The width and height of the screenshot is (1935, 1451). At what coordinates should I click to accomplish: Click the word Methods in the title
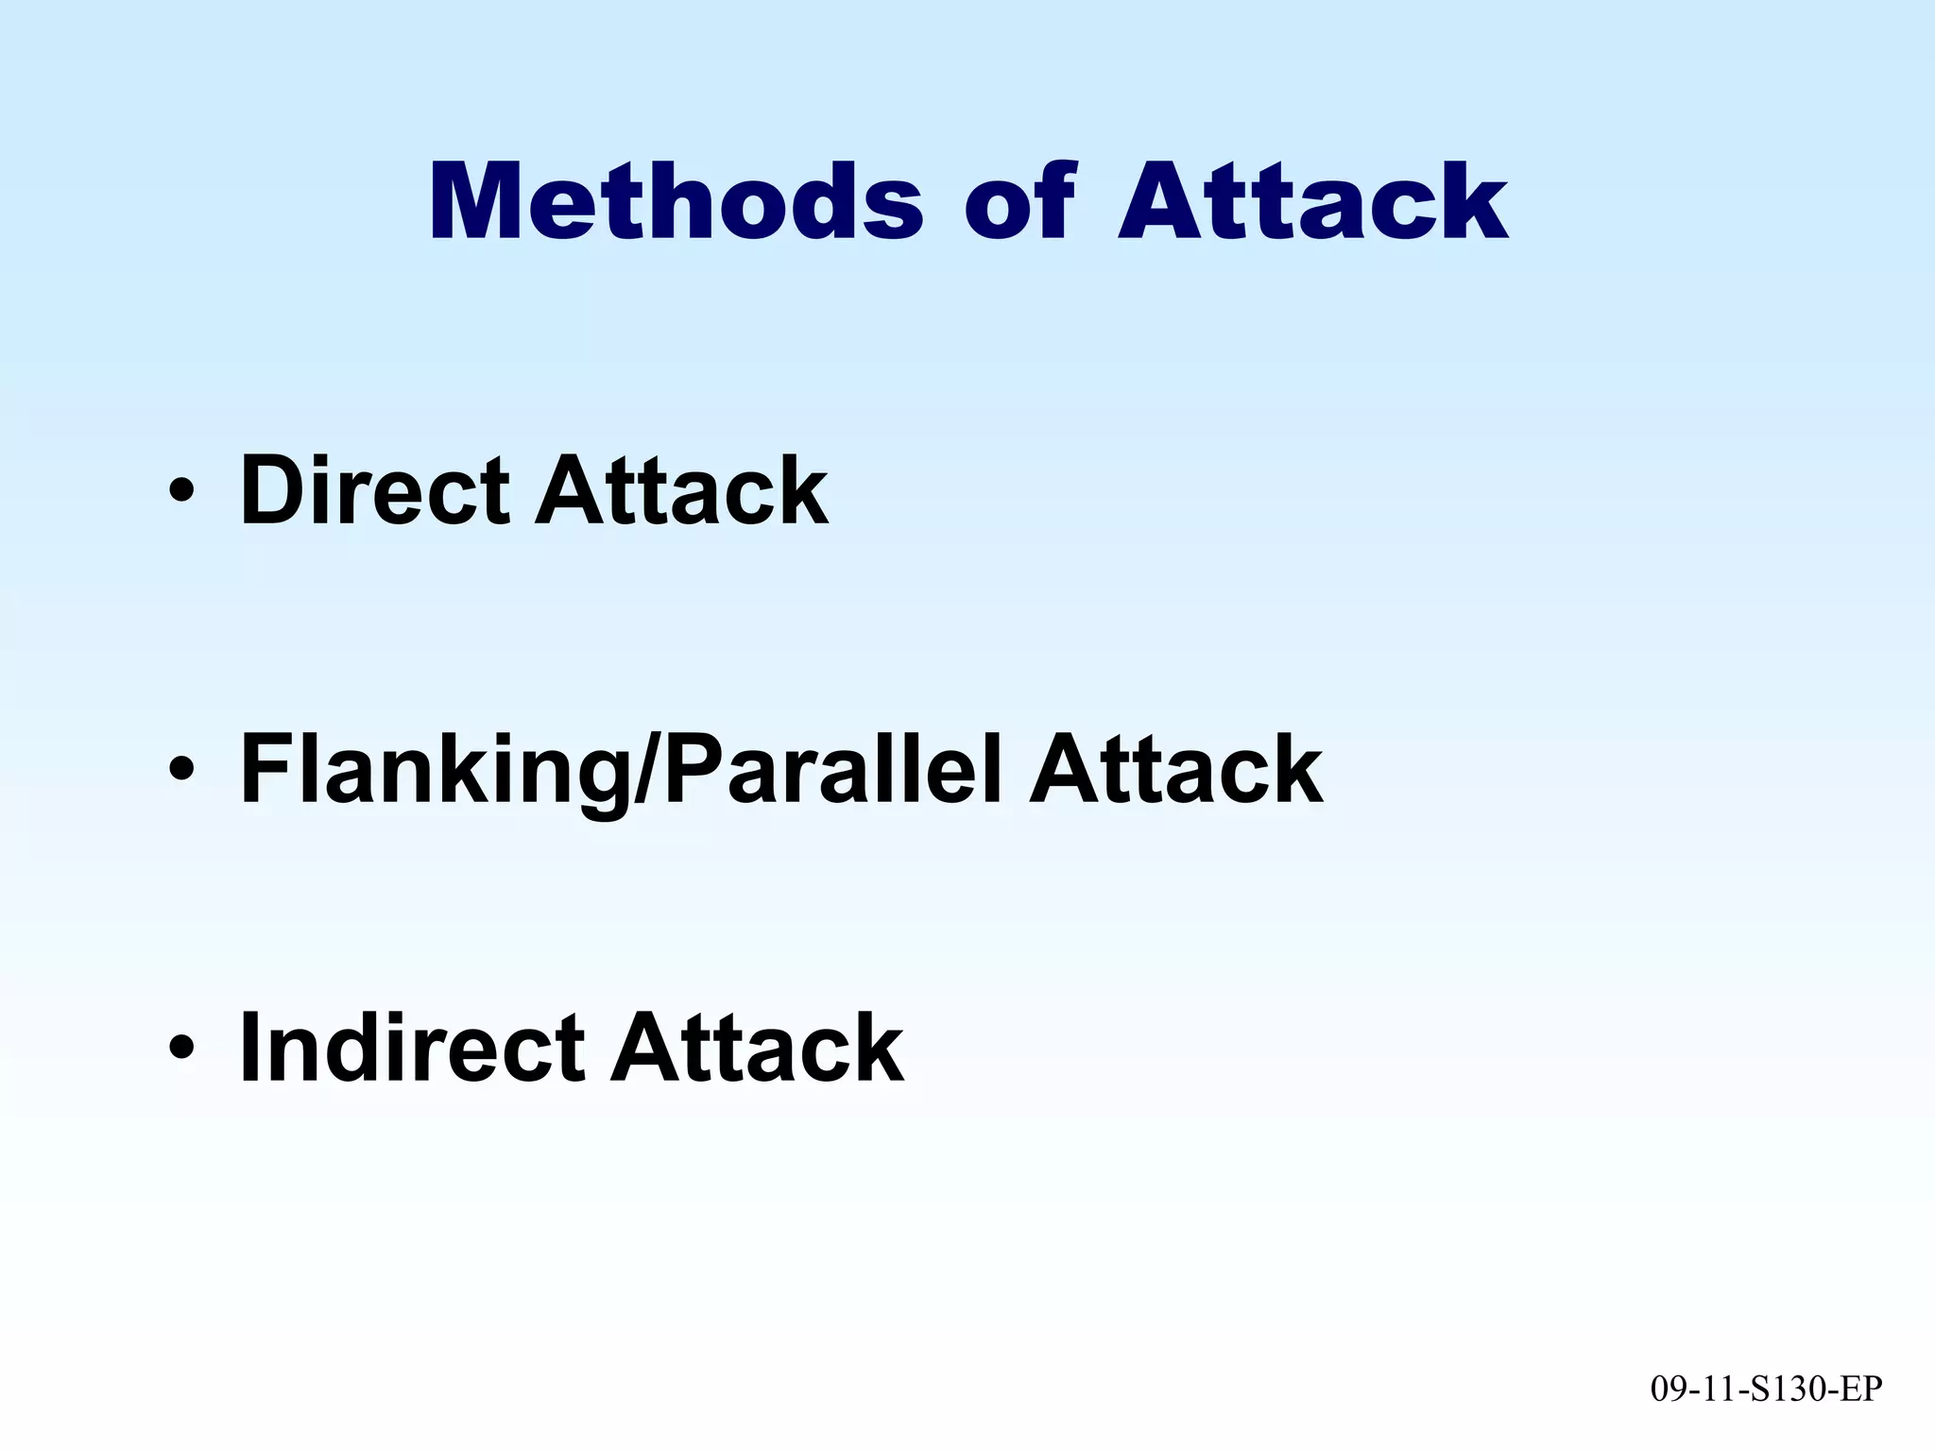(x=675, y=202)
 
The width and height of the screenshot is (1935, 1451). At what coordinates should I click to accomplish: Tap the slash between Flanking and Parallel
(x=645, y=770)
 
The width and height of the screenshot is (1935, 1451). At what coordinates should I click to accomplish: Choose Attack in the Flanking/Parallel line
(x=1175, y=770)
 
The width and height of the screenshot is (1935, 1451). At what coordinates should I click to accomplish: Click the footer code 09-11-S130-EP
(x=1766, y=1389)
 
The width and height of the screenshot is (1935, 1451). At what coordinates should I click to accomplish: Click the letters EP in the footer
(x=1862, y=1389)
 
